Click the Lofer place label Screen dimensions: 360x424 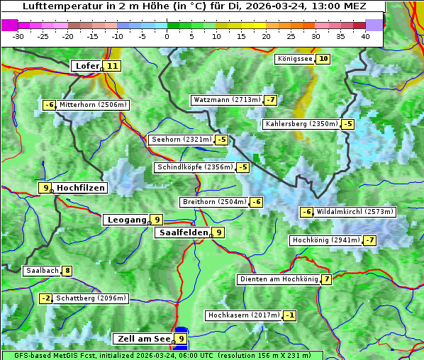(x=86, y=66)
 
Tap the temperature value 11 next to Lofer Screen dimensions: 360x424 (x=112, y=66)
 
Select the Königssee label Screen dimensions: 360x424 (x=294, y=59)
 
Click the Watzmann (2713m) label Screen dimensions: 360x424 (x=226, y=100)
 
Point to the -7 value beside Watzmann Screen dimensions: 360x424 (x=271, y=100)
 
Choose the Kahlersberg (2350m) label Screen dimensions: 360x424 (x=301, y=124)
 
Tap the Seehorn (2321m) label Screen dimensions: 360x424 (x=181, y=140)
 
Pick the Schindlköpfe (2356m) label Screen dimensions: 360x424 (x=194, y=167)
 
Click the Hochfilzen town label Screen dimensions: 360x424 (x=80, y=188)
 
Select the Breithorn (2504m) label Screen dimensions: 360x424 (x=213, y=202)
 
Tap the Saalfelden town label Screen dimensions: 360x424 (x=183, y=232)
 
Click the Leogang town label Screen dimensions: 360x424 (x=126, y=220)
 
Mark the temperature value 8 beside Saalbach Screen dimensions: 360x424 (x=67, y=271)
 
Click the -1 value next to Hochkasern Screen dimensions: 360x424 (x=290, y=315)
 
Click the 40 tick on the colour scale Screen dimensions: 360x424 (x=365, y=35)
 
